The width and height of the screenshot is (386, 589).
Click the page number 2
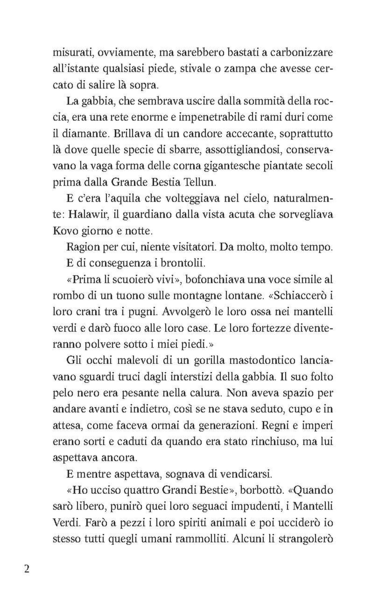[26, 568]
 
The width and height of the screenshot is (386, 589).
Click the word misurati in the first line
[74, 52]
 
